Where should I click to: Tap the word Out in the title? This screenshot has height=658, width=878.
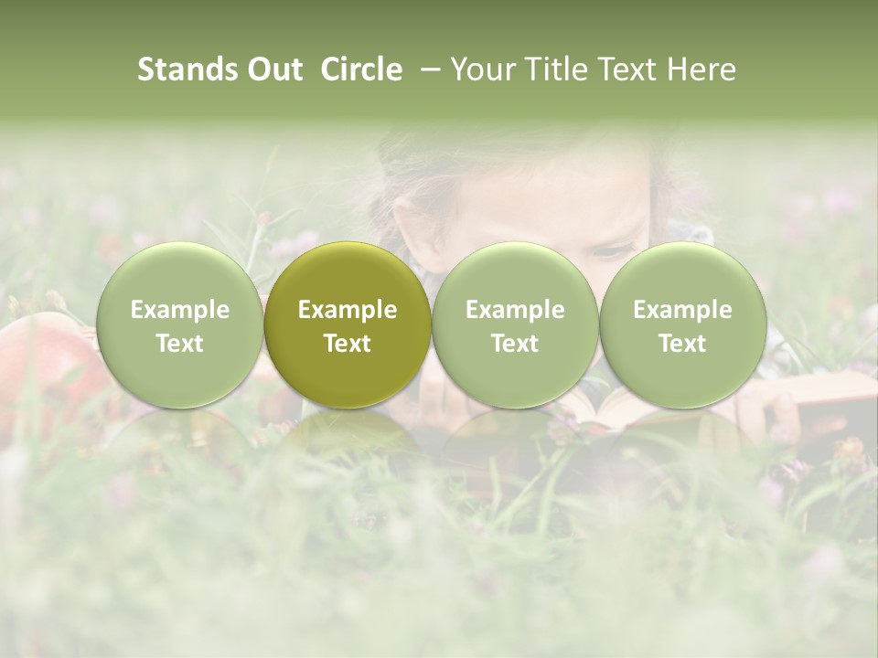(273, 69)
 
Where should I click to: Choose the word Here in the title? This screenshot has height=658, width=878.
(702, 69)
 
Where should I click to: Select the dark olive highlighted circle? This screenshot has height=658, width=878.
(348, 324)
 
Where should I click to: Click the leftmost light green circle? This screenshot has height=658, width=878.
(179, 324)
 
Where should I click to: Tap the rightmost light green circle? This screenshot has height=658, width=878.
(682, 324)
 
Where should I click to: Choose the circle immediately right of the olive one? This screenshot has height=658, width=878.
(515, 324)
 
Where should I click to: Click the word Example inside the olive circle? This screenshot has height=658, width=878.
(348, 310)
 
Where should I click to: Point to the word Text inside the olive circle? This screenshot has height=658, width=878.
(348, 344)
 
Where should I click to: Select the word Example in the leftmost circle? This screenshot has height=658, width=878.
(179, 310)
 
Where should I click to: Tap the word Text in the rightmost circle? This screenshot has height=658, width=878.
(682, 344)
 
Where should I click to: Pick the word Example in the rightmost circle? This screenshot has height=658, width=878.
(682, 310)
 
